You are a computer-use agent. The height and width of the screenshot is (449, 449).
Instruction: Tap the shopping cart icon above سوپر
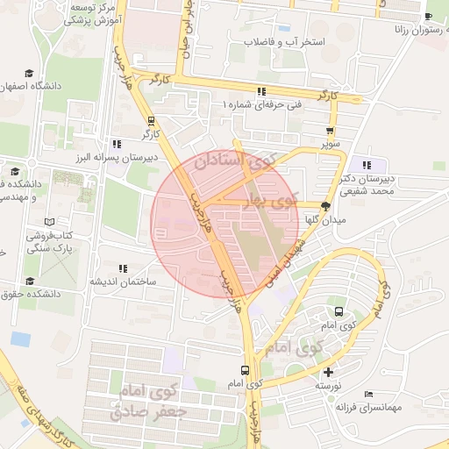330,131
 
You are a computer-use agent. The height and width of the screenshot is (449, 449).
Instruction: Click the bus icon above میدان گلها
326,207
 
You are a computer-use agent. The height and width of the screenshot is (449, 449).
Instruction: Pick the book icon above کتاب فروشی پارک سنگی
49,222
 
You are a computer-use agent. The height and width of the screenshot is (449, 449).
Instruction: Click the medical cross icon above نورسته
329,372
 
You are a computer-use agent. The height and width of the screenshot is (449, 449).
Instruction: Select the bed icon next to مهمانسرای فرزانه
369,395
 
